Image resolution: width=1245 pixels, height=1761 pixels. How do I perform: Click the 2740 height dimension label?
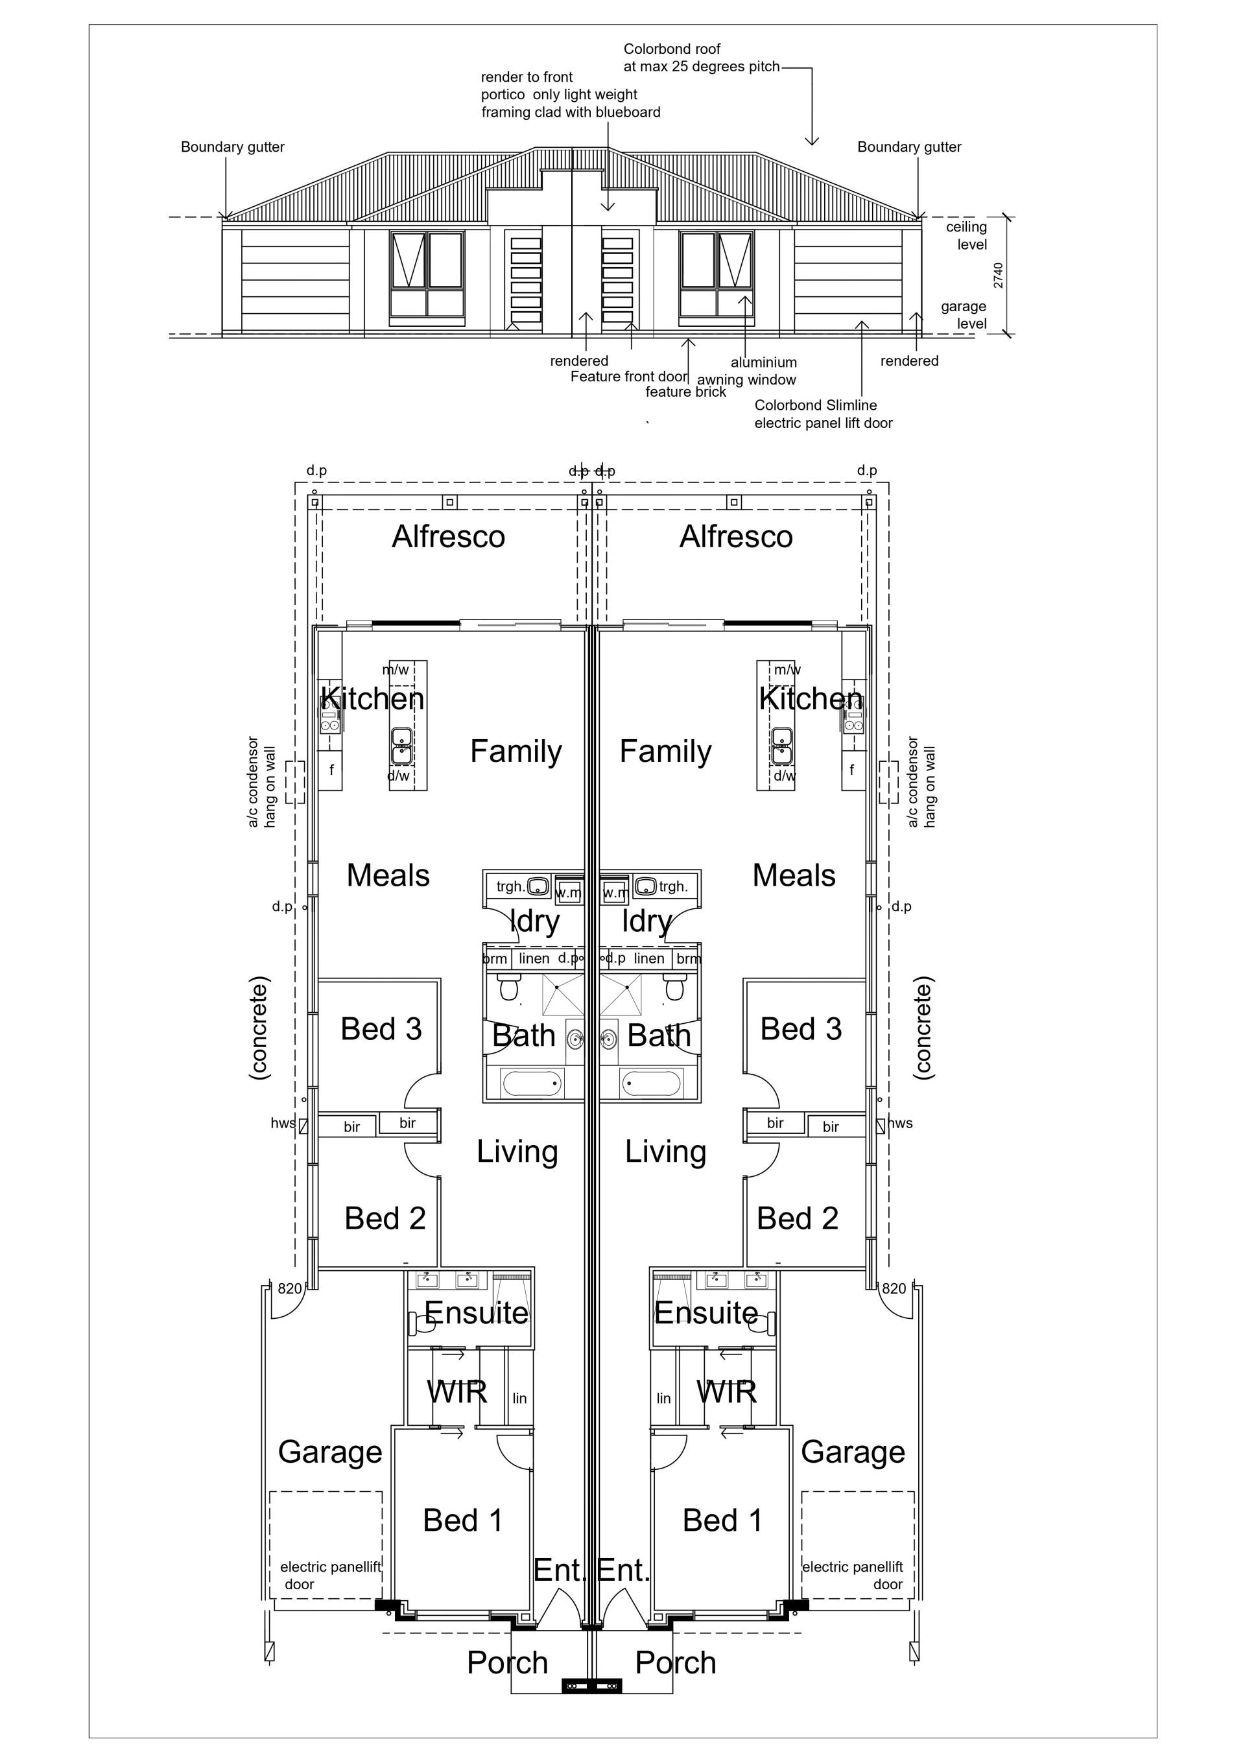coord(998,276)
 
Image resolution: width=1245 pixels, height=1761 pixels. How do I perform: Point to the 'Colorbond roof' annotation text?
coord(672,49)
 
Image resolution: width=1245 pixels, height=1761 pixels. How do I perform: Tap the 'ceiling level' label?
coord(967,235)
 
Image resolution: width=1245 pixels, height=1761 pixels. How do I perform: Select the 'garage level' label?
coord(964,314)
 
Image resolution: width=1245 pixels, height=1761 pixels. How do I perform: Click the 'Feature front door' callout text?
coord(629,377)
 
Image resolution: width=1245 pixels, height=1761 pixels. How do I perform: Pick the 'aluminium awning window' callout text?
coord(747,372)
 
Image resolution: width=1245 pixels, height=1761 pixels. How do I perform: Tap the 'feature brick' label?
coord(686,392)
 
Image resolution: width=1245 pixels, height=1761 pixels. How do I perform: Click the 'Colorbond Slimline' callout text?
coord(816,405)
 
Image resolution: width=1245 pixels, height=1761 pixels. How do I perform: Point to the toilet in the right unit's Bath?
coord(675,987)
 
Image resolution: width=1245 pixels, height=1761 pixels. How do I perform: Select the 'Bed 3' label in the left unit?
coord(381,1028)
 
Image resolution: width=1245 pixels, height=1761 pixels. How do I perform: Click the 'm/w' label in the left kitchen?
coord(396,670)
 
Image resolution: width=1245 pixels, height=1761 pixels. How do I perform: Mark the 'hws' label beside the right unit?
coord(901,1123)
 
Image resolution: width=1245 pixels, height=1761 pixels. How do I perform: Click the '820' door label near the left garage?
coord(290,1288)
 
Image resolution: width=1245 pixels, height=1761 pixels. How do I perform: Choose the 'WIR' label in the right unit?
coord(726,1391)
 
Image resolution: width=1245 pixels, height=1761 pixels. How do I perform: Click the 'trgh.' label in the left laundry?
coord(511,886)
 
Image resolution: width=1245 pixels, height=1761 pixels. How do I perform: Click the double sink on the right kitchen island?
coord(783,746)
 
